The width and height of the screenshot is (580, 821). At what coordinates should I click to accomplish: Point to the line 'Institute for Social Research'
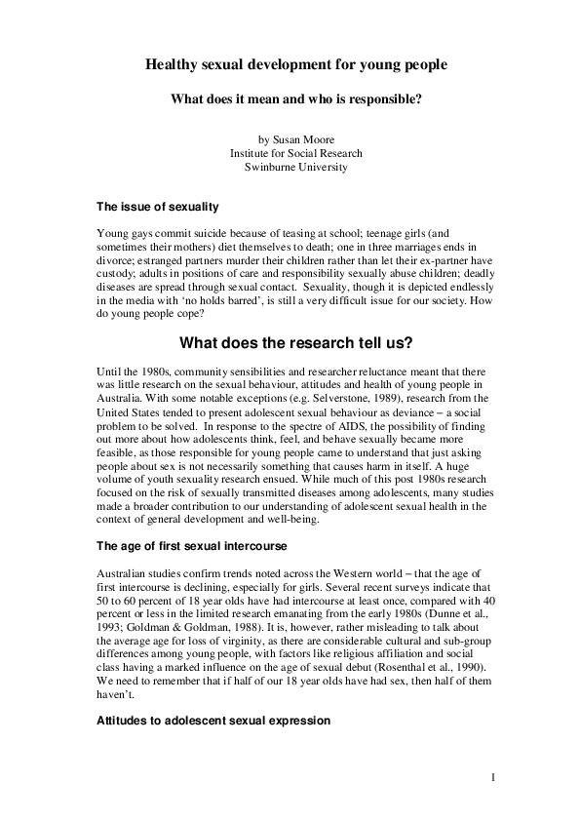(x=296, y=153)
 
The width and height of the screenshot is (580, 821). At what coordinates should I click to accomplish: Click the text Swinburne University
(x=296, y=167)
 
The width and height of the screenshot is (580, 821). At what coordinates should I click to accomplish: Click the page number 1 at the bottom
(x=494, y=777)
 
